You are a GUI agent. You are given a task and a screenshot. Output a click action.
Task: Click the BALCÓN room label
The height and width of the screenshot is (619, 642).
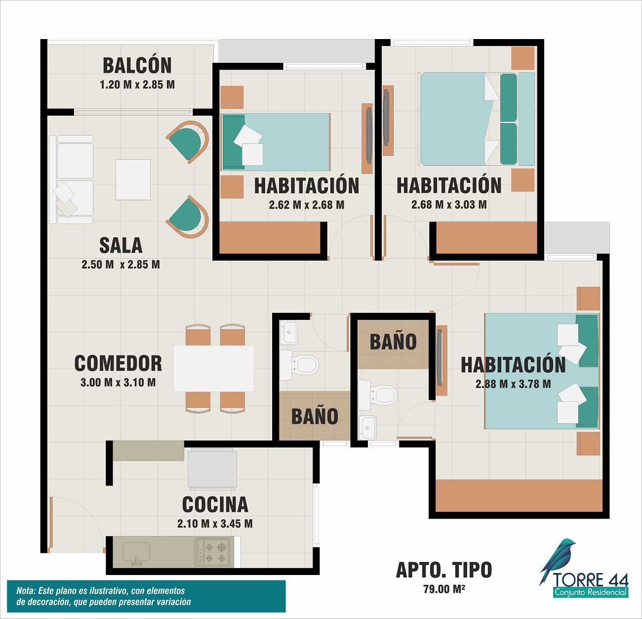tap(137, 65)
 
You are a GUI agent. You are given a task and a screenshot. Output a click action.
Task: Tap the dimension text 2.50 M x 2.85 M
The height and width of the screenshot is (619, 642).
tap(121, 265)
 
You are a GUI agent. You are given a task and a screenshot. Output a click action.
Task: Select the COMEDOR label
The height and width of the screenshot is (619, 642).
tap(118, 363)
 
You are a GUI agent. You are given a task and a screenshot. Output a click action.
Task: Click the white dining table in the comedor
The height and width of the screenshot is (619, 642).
tap(213, 368)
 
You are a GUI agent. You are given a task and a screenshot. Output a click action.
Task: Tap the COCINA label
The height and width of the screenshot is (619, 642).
tap(215, 504)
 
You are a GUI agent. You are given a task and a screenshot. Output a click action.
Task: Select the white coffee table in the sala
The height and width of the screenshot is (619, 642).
tap(133, 179)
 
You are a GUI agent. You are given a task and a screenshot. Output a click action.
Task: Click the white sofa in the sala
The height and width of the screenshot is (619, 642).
tap(71, 179)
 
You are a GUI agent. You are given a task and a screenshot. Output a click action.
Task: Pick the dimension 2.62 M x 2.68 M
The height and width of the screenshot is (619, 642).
tap(307, 205)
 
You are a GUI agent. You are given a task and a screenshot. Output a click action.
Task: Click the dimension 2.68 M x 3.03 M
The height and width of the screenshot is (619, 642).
tap(449, 205)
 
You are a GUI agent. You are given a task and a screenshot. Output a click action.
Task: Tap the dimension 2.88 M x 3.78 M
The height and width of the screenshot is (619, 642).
tap(513, 384)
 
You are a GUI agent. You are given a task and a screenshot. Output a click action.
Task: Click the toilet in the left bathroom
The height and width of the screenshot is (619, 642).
tap(299, 365)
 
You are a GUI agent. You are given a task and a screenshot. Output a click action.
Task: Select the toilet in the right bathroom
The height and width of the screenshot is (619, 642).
tap(377, 395)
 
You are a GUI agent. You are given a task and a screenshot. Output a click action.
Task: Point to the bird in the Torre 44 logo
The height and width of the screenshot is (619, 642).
tap(557, 561)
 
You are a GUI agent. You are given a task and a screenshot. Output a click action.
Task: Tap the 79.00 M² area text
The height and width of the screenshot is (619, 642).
tap(444, 589)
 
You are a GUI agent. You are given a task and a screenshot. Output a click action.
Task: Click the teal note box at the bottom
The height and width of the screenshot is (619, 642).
tap(146, 596)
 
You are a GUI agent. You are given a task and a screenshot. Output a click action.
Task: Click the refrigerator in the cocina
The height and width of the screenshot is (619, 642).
tap(212, 468)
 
